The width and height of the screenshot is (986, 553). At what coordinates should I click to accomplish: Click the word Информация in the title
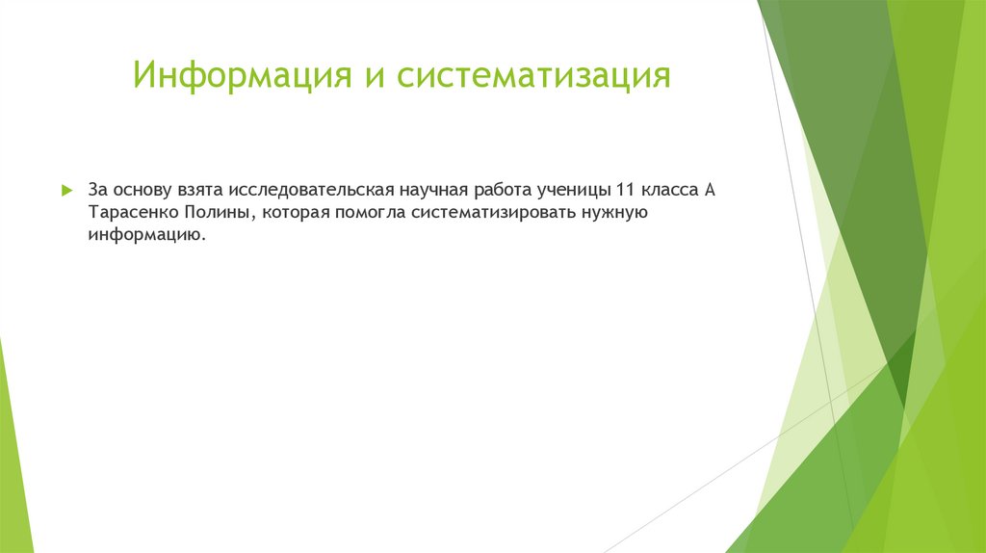pos(241,75)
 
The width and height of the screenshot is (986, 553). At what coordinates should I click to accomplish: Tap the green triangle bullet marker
pos(66,191)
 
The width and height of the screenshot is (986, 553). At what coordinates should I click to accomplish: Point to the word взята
pos(198,190)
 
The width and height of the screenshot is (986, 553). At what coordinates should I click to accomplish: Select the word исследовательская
pos(308,190)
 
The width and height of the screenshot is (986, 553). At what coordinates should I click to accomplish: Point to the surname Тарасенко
pos(132,213)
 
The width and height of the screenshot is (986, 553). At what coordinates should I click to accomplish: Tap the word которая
pos(295,213)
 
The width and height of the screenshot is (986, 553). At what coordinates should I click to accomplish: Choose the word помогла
pos(371,213)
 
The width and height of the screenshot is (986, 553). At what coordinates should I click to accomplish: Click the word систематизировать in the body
pos(493,213)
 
